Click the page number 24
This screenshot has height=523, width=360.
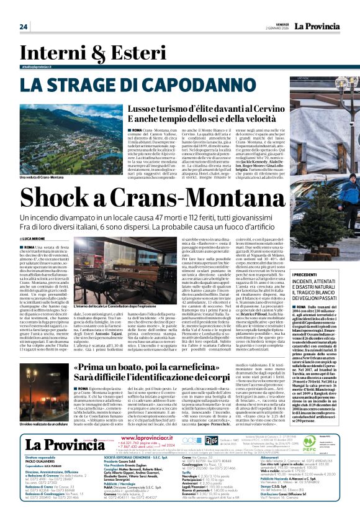tap(24, 27)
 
